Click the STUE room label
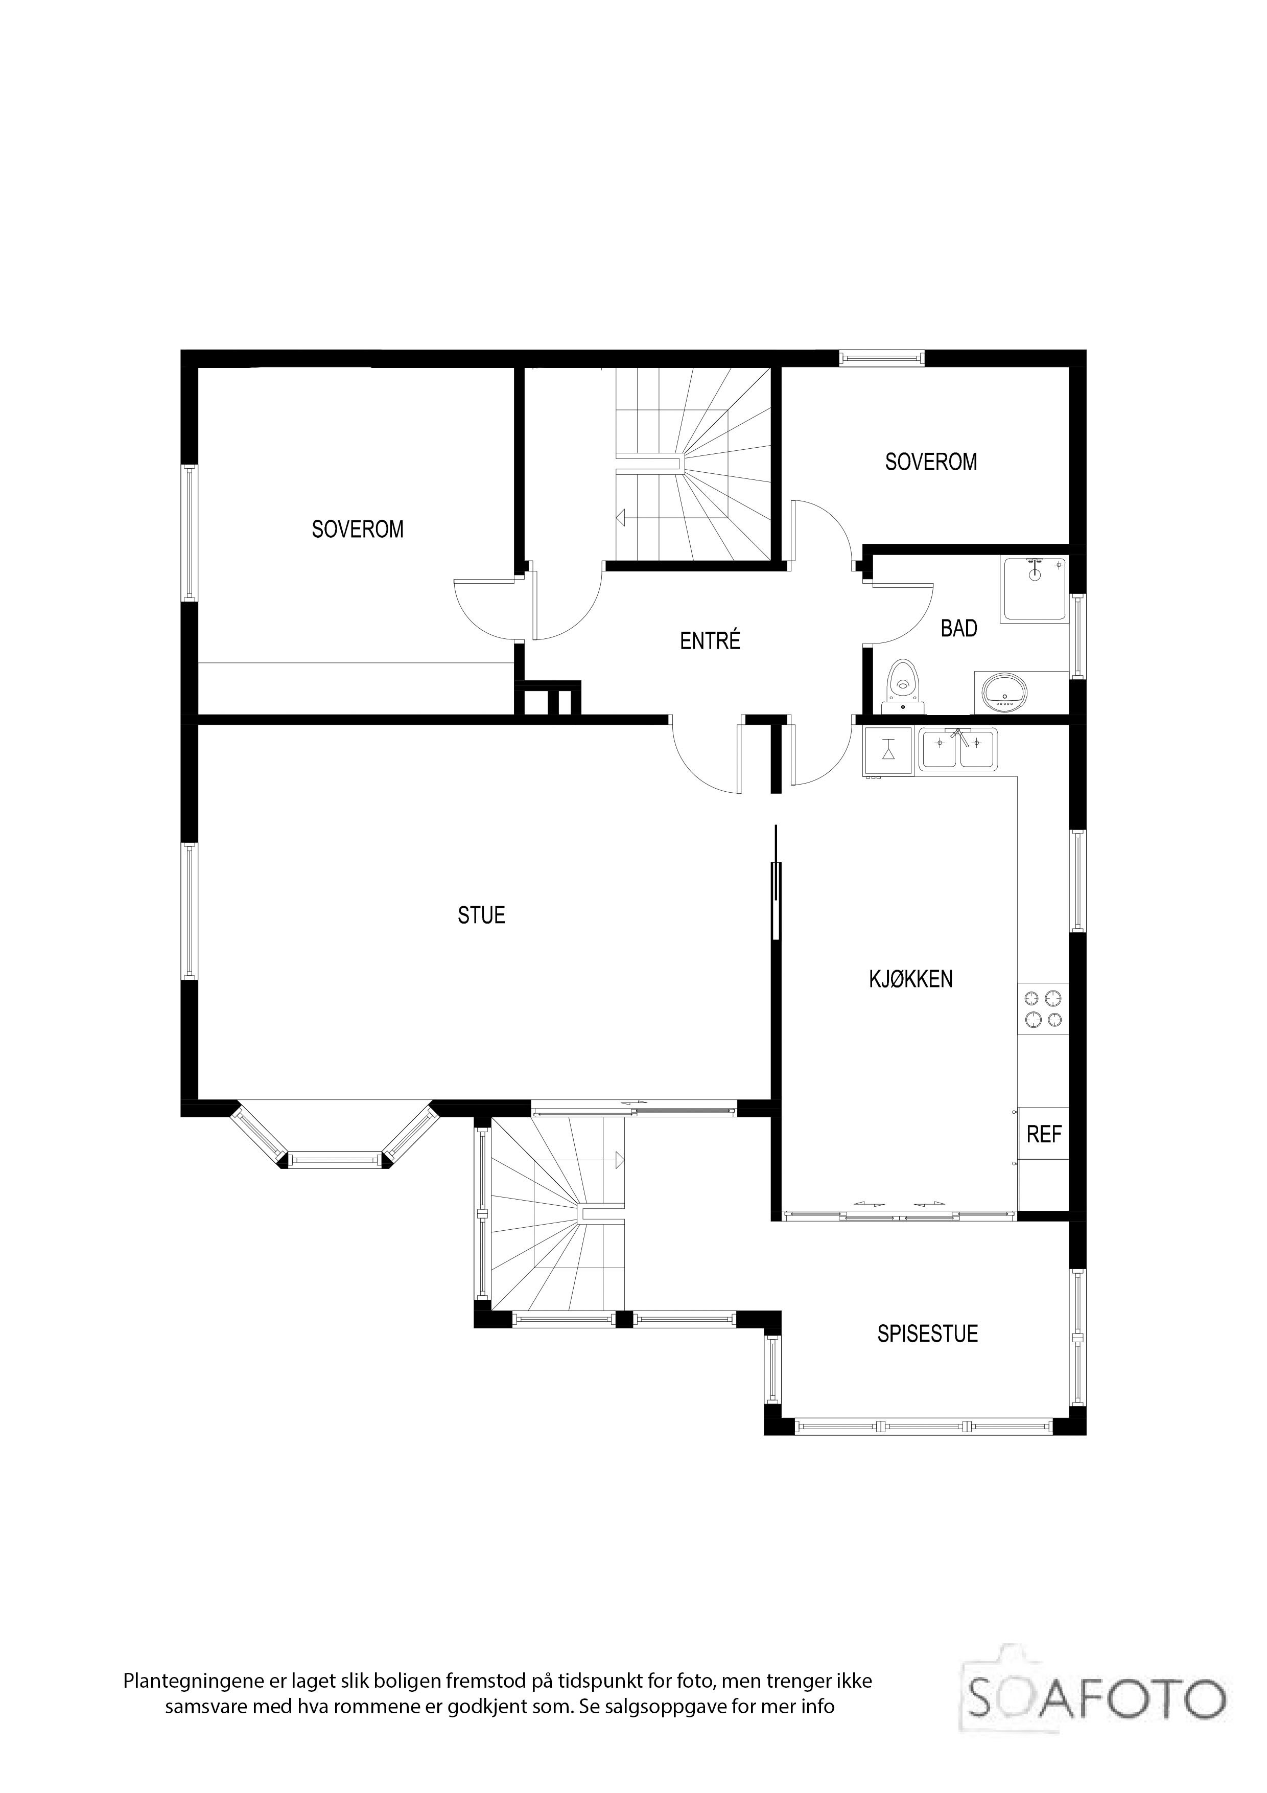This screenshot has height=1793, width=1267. (x=482, y=915)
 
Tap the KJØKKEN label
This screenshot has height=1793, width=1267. (x=911, y=979)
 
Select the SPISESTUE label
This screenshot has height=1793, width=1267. (x=927, y=1334)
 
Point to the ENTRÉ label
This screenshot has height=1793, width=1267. (x=710, y=640)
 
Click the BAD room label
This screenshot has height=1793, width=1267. (x=958, y=629)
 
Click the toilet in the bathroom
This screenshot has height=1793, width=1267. (x=904, y=685)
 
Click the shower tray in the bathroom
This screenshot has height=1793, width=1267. (x=1035, y=590)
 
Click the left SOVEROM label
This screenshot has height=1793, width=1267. (x=358, y=530)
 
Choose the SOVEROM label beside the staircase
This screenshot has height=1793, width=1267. (x=930, y=463)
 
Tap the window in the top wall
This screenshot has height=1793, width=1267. (x=881, y=358)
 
